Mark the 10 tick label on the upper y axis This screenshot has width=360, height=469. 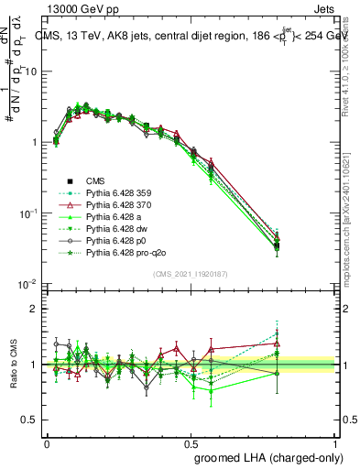(x=29, y=71)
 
